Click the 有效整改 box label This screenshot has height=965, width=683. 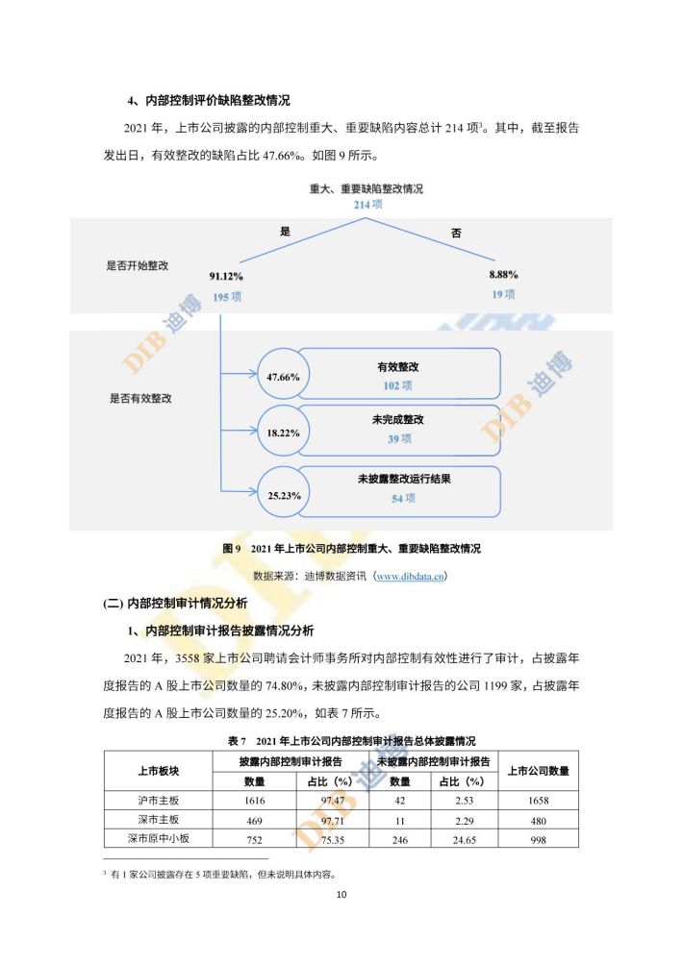[x=398, y=367]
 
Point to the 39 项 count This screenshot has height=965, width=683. [x=399, y=439]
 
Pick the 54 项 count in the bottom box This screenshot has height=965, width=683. [x=403, y=498]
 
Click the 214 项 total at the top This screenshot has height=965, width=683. [x=367, y=205]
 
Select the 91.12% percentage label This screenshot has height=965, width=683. [x=226, y=276]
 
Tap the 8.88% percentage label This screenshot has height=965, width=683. [x=503, y=275]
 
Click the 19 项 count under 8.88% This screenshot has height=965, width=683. [x=503, y=294]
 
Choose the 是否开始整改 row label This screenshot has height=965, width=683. [x=138, y=266]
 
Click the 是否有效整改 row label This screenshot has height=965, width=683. [x=141, y=398]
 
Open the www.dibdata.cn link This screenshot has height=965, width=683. [x=410, y=576]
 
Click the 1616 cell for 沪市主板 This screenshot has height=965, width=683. [x=254, y=801]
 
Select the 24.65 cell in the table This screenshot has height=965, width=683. [x=464, y=839]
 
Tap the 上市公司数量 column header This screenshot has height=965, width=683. [x=539, y=771]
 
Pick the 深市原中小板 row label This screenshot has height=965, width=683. [x=159, y=838]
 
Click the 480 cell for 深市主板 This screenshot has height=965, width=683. [x=539, y=821]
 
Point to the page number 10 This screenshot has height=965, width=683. [x=341, y=894]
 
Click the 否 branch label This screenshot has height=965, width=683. [x=456, y=234]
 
